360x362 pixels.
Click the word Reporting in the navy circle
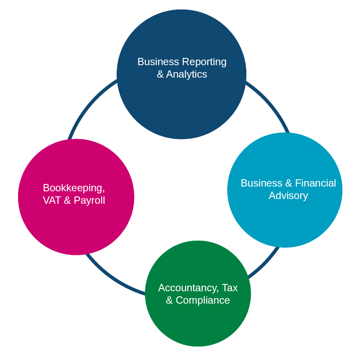tap(204, 62)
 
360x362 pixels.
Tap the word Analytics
tap(186, 74)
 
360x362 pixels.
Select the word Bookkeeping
tap(73, 188)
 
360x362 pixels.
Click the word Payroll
tap(89, 201)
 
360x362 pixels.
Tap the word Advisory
tap(288, 196)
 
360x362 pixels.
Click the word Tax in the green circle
tap(230, 288)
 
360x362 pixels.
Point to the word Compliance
tap(203, 300)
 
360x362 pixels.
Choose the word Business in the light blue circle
tap(261, 183)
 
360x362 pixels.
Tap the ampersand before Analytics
tap(160, 74)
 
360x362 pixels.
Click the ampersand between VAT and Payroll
tap(67, 200)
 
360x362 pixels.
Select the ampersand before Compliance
tap(169, 300)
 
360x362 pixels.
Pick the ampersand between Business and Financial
tap(290, 183)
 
